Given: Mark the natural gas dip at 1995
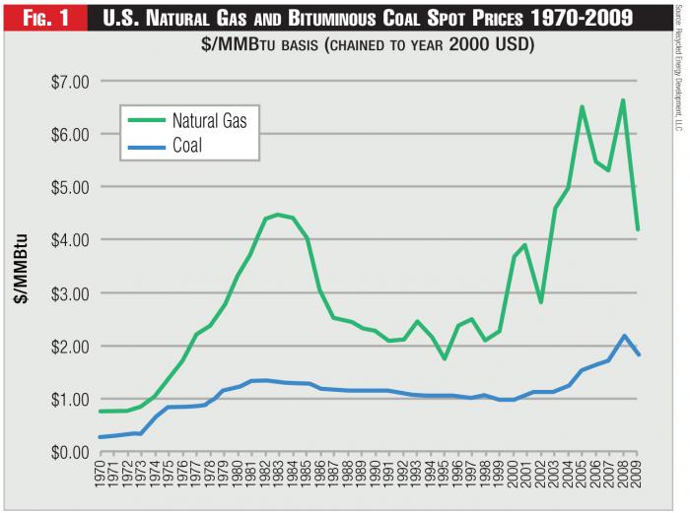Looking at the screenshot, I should [x=444, y=358].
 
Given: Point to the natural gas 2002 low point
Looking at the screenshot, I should [x=540, y=302].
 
